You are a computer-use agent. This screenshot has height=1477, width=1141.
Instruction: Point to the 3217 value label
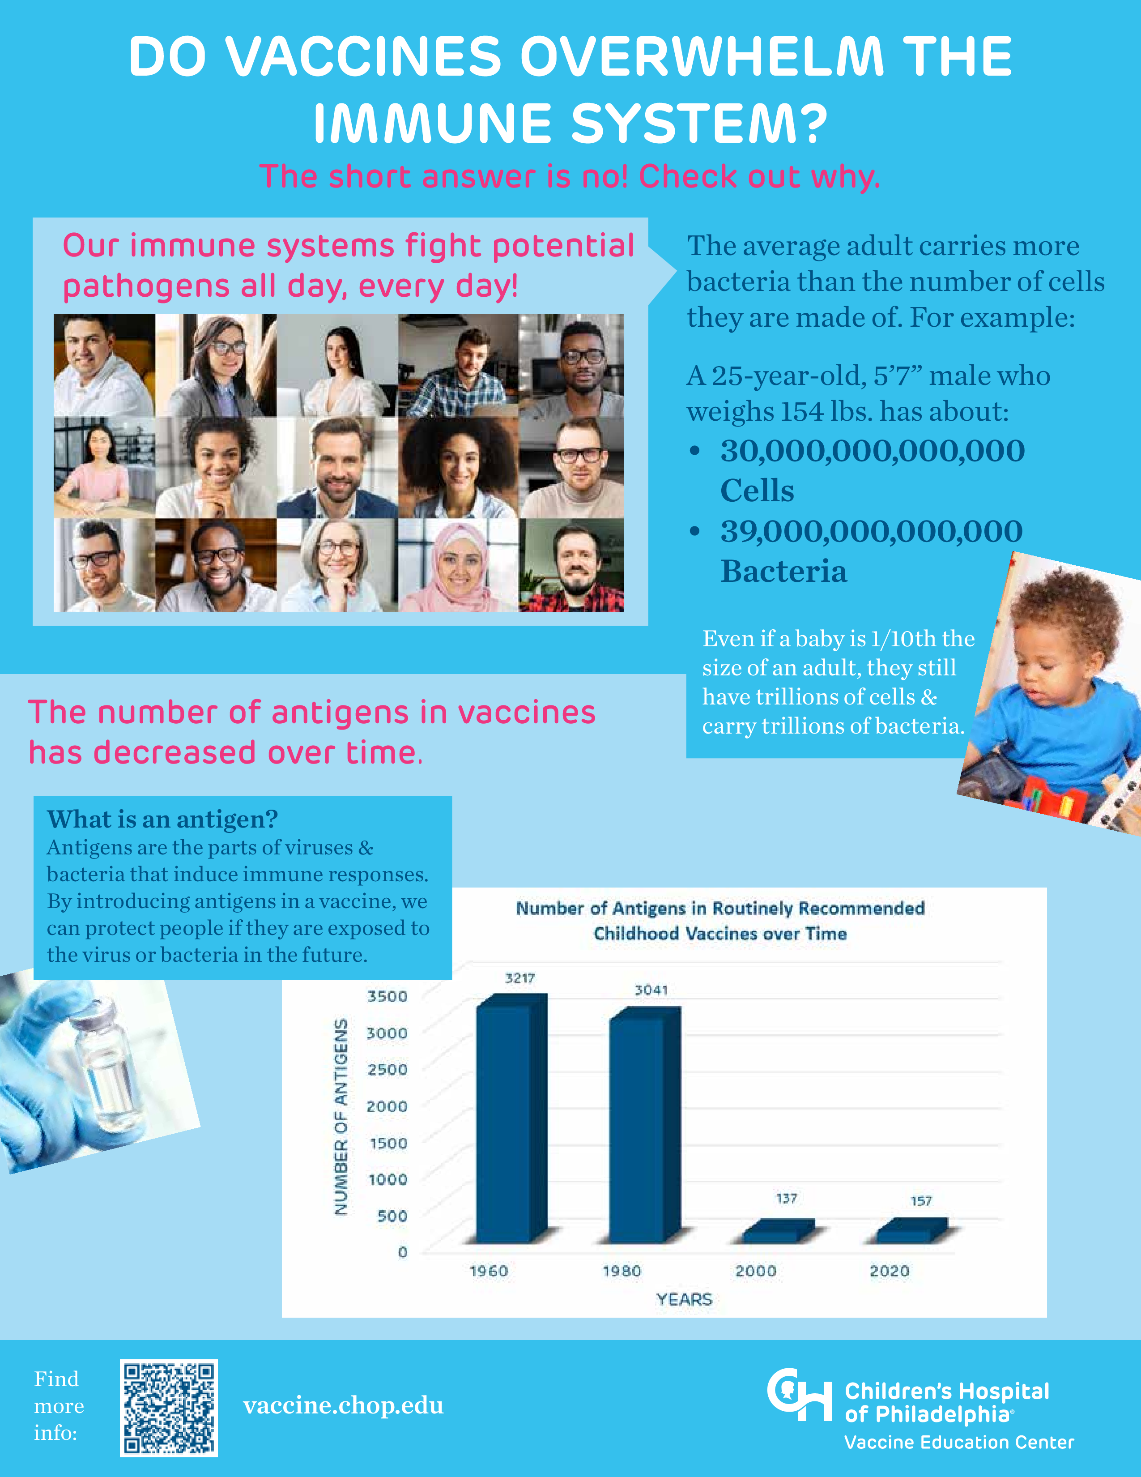click(x=520, y=978)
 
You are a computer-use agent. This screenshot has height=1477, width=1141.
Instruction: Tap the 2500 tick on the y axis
click(x=387, y=1070)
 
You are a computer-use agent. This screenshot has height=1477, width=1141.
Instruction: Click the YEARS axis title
click(x=684, y=1300)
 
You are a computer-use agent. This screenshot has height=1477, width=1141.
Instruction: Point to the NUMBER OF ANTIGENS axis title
click(x=341, y=1117)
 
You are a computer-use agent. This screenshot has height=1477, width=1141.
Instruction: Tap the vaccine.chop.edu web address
click(x=343, y=1405)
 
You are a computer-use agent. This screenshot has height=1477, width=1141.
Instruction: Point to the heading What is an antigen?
click(x=163, y=819)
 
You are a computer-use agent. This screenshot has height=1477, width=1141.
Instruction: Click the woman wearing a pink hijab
click(x=458, y=567)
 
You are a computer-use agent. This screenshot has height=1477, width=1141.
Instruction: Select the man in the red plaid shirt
click(x=572, y=567)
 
